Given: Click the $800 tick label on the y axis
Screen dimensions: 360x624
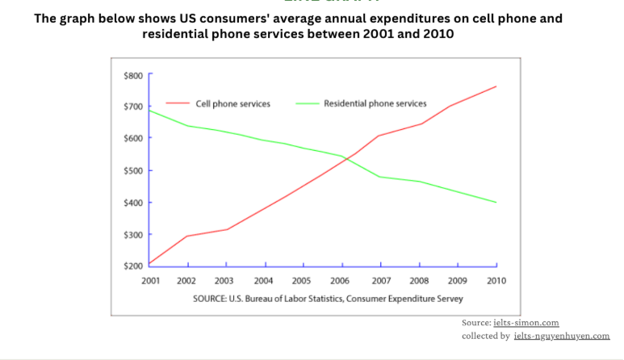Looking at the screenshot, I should click(x=132, y=75).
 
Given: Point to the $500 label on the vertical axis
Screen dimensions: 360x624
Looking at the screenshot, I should click(x=132, y=170).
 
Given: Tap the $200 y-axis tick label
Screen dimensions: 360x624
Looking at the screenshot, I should click(x=132, y=266).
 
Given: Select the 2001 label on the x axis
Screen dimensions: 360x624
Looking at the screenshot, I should click(x=149, y=280).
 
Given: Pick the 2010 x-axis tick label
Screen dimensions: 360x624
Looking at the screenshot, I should click(x=496, y=280).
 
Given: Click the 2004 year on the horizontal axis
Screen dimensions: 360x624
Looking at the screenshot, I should click(x=265, y=280).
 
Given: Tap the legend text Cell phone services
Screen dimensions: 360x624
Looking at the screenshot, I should click(x=232, y=104).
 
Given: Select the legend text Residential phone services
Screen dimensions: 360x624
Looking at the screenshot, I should click(x=375, y=104).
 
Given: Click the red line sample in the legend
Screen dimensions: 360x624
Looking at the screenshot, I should click(x=178, y=104).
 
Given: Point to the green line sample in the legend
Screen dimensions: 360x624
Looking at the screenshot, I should click(x=307, y=104).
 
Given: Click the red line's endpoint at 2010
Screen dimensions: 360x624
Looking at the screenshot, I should click(x=496, y=86).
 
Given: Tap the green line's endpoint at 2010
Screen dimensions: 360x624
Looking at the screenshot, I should click(x=496, y=203).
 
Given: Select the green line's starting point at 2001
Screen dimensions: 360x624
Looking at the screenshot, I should click(x=150, y=110).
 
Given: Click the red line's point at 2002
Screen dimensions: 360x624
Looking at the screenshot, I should click(x=188, y=236).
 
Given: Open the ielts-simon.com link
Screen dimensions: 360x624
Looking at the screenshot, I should click(x=526, y=323).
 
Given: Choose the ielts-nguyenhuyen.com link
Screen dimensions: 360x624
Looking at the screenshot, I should click(x=561, y=336).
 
